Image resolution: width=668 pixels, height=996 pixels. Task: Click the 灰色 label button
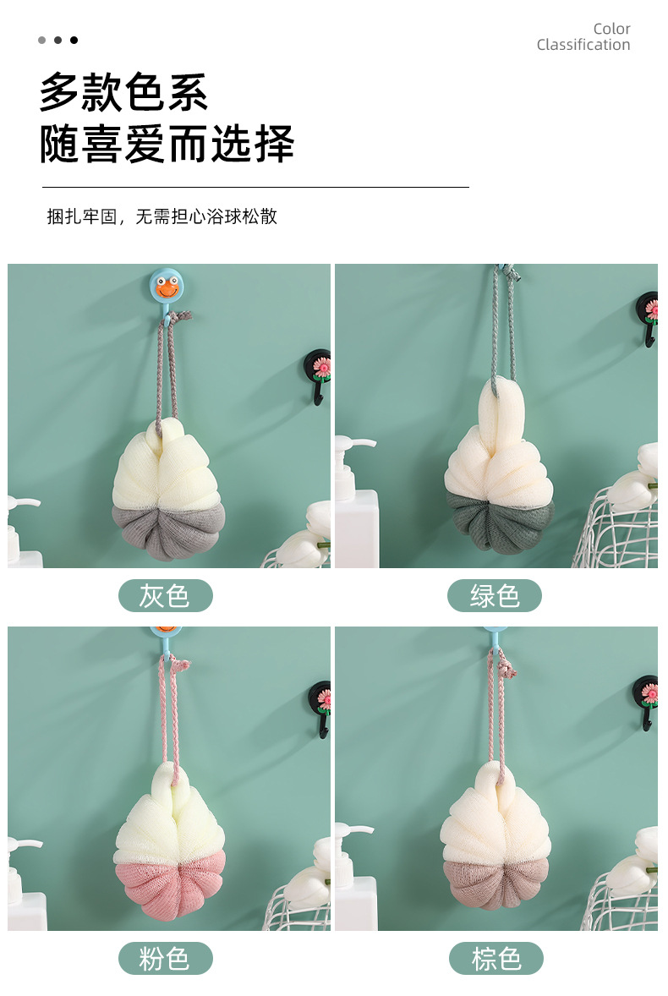[x=165, y=596]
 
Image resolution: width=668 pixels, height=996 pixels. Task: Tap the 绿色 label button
[x=495, y=596]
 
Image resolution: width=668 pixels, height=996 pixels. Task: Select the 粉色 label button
[x=165, y=958]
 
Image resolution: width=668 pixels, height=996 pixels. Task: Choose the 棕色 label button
[x=496, y=958]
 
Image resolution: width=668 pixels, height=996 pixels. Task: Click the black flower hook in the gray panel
[x=320, y=375]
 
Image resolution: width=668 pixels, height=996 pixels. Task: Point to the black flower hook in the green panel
[x=649, y=318]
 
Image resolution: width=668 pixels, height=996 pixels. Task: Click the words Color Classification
[x=583, y=37]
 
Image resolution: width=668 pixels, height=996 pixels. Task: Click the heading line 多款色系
[x=123, y=92]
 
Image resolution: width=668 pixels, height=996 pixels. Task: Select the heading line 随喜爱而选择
[x=167, y=144]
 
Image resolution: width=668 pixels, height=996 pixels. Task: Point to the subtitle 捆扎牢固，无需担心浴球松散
[x=162, y=216]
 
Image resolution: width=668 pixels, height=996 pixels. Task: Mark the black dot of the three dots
[x=74, y=40]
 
